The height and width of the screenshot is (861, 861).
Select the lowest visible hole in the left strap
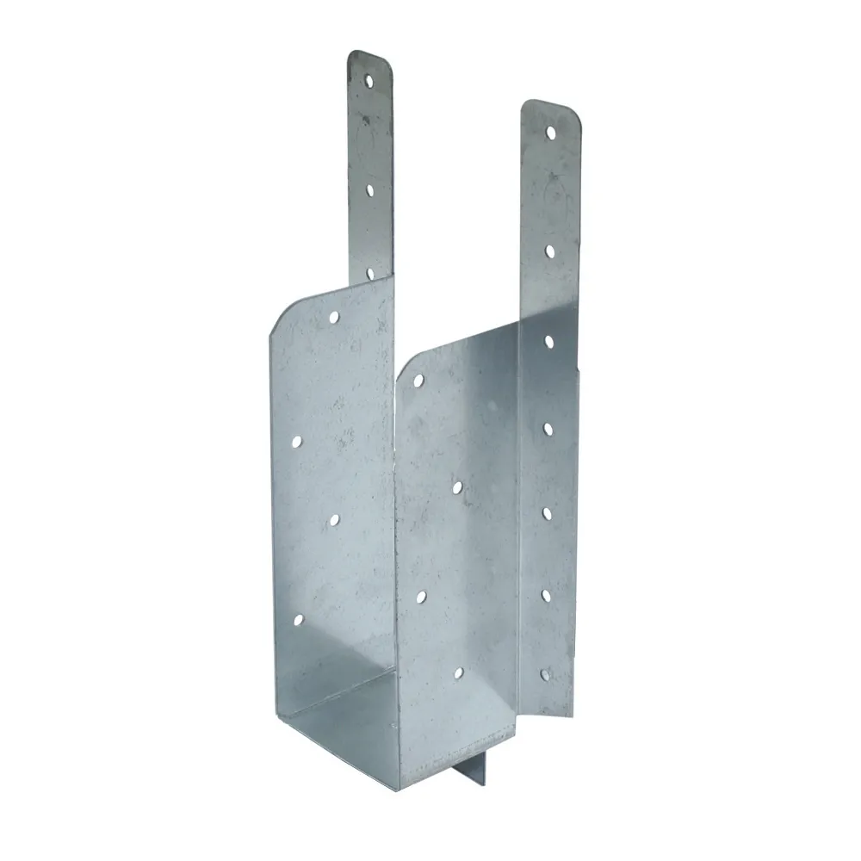click(x=371, y=273)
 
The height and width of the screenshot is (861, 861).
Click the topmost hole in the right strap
click(x=550, y=132)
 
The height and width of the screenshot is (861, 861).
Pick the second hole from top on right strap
click(x=548, y=250)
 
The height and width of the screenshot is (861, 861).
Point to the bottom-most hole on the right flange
click(x=543, y=675)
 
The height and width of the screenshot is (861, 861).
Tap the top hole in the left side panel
click(x=334, y=317)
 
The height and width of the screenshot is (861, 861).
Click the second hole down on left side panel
click(x=296, y=441)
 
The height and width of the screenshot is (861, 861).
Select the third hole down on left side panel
click(x=334, y=519)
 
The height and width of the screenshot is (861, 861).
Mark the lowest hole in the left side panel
click(x=298, y=619)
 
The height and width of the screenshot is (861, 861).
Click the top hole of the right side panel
click(x=418, y=379)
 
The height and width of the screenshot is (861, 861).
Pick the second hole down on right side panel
click(x=457, y=487)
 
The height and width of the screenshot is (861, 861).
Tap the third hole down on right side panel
click(x=421, y=595)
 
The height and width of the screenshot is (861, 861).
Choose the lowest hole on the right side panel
click(x=458, y=672)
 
